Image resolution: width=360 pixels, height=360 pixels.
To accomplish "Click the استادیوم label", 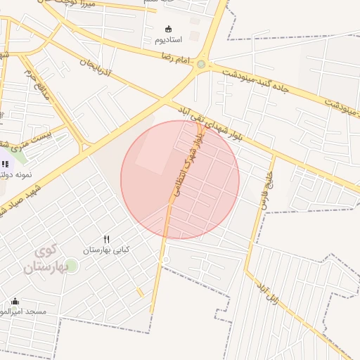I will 168,39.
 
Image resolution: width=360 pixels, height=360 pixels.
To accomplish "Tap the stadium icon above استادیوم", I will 168,29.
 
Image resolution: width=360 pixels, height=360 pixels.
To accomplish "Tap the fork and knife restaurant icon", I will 106,239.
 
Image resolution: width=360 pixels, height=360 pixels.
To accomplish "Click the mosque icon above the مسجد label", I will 15,302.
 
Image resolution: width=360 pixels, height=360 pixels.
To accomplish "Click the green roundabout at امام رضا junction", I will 201,65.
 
